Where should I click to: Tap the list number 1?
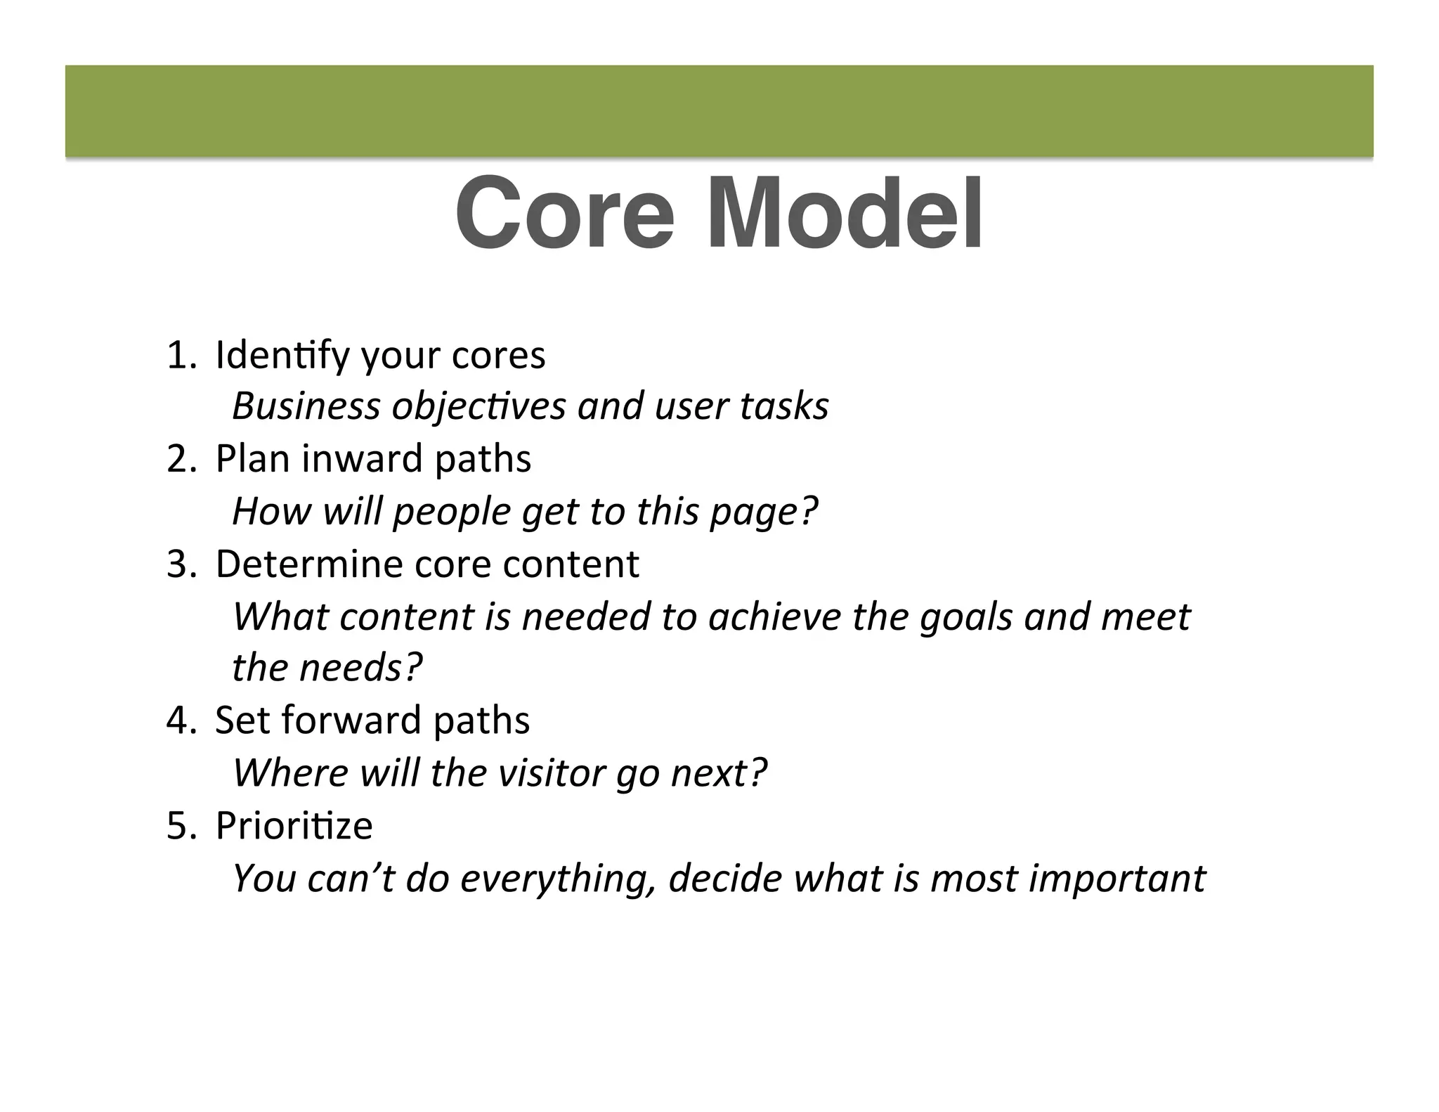tap(178, 355)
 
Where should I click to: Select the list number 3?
tap(178, 564)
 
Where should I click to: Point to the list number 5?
tap(178, 826)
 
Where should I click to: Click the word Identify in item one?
tap(281, 355)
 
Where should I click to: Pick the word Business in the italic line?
tap(306, 406)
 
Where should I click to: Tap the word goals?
tap(966, 616)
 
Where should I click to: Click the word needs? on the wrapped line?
tap(361, 668)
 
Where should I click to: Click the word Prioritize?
tap(294, 826)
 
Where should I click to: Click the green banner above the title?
tap(719, 110)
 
